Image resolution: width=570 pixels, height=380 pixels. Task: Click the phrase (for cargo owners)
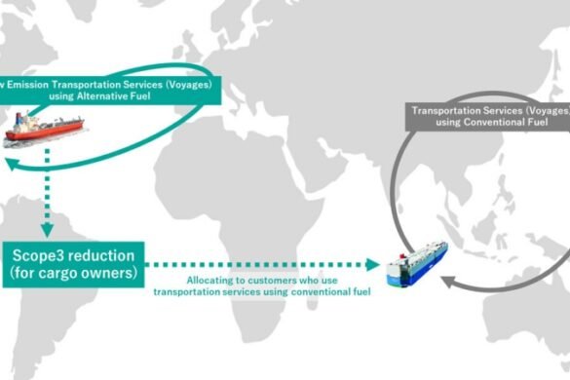point(77,274)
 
